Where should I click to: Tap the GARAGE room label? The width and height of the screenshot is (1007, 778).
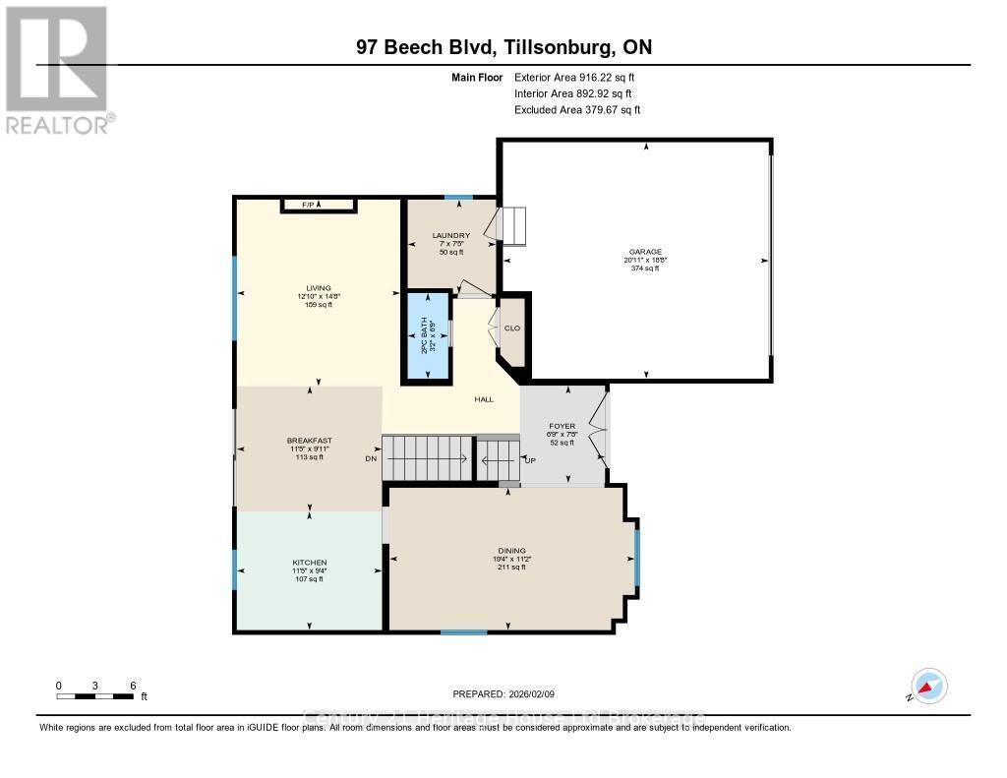646,252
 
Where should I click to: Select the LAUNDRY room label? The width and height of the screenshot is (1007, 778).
451,236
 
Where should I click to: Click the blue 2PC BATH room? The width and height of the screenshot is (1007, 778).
427,336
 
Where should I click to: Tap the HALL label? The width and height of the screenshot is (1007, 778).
483,399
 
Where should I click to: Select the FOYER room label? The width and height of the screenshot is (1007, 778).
563,426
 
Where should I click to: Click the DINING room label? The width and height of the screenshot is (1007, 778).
511,551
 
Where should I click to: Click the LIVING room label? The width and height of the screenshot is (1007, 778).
317,288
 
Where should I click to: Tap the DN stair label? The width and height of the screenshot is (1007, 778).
371,458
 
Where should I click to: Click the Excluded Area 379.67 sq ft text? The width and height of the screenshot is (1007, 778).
577,110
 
